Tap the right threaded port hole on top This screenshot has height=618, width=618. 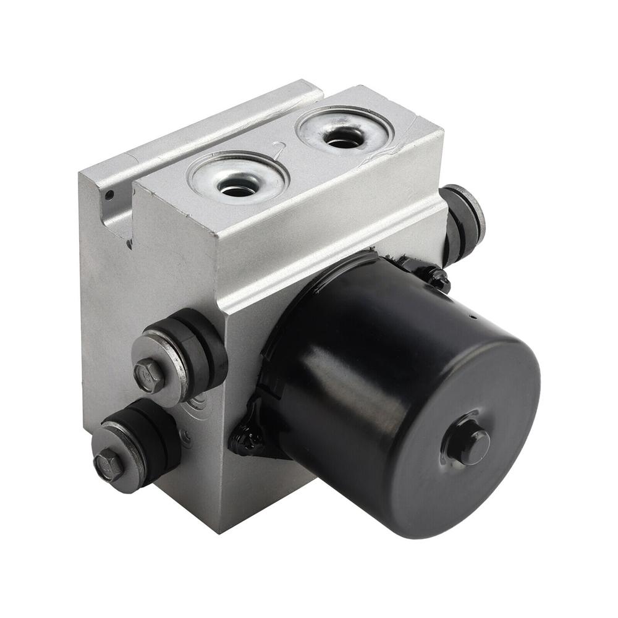click(344, 137)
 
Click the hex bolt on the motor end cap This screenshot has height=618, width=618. click(470, 444)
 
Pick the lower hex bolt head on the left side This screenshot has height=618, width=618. click(109, 463)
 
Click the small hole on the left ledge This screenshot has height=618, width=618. click(109, 195)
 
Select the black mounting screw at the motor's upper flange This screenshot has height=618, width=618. click(439, 278)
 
